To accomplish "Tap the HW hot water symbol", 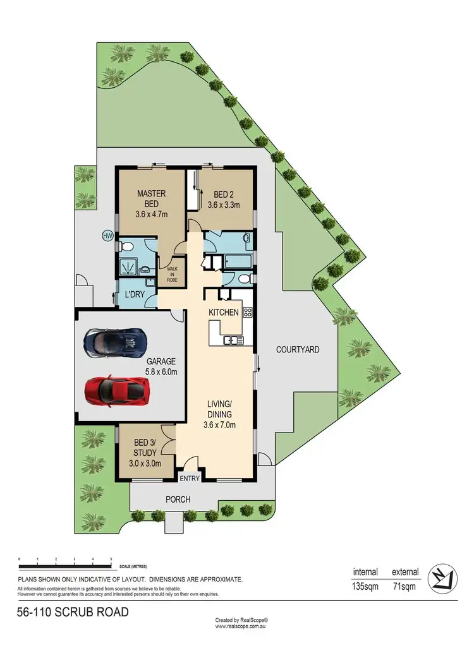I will [x=107, y=237].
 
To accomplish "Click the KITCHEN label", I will [x=224, y=313].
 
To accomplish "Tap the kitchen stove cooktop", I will [x=247, y=311].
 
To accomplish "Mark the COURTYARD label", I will [x=297, y=349].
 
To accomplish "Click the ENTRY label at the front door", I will [x=190, y=479].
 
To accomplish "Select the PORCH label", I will [x=178, y=500].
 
